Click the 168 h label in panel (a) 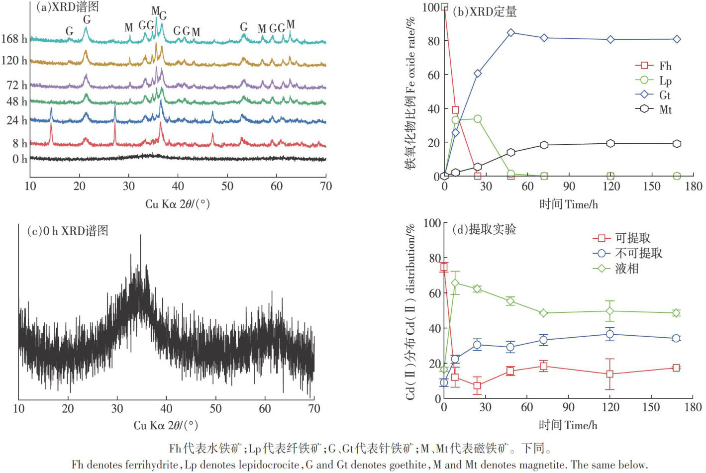tap(14, 39)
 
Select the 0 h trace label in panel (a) tap(19, 159)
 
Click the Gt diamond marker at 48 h tap(511, 33)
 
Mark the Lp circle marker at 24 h tap(478, 119)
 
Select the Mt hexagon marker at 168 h tap(677, 144)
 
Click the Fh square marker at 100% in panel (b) tap(444, 7)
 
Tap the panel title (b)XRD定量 tap(485, 11)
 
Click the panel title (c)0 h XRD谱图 tap(67, 231)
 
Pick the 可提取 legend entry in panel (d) tap(622, 238)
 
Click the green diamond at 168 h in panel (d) tap(676, 313)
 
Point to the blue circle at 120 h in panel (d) tap(609, 334)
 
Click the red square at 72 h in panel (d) tap(543, 367)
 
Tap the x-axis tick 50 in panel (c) tap(215, 409)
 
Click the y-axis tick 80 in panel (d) tap(434, 258)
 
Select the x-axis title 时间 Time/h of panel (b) tap(568, 204)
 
